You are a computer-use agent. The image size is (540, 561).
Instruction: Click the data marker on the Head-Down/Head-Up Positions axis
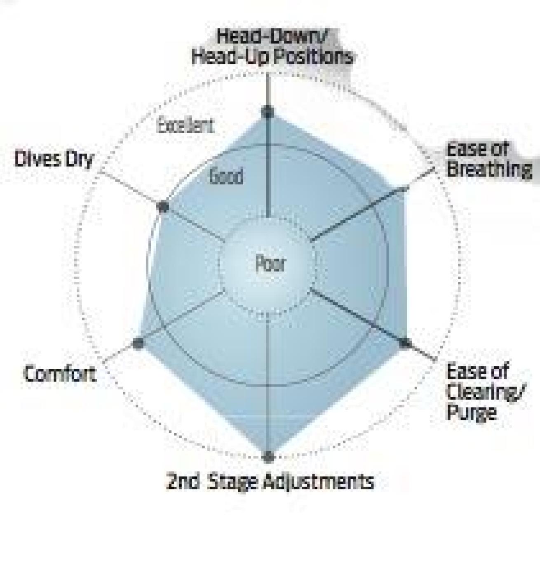click(x=268, y=112)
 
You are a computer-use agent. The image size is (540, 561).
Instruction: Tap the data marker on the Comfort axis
click(x=138, y=343)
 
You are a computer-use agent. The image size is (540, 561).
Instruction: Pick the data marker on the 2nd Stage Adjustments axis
click(x=268, y=456)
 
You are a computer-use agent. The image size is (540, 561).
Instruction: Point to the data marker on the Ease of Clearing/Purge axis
click(x=406, y=343)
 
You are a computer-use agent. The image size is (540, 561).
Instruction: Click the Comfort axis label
click(x=60, y=374)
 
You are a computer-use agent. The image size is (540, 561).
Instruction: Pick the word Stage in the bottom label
click(x=232, y=482)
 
